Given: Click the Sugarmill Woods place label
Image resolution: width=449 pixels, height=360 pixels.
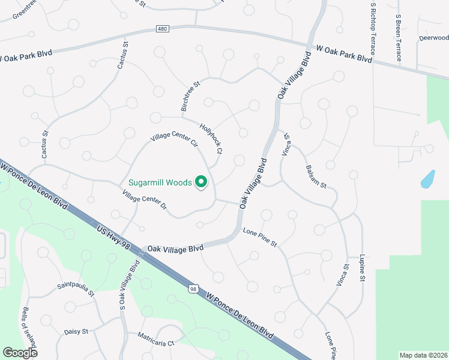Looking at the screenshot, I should tap(160, 182).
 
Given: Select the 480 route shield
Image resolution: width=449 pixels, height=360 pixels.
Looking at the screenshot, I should tap(161, 28).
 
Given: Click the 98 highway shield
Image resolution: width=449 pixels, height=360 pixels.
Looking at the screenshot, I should tap(193, 289).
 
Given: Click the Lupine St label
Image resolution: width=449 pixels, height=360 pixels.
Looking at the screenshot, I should tap(362, 268).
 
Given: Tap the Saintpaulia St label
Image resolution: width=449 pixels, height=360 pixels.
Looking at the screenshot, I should tap(76, 289).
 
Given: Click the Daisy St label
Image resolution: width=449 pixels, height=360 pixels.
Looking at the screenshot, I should tap(76, 331).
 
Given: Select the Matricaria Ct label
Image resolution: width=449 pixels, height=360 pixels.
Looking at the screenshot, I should tap(155, 339).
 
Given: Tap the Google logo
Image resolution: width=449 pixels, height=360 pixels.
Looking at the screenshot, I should tap(20, 352).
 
